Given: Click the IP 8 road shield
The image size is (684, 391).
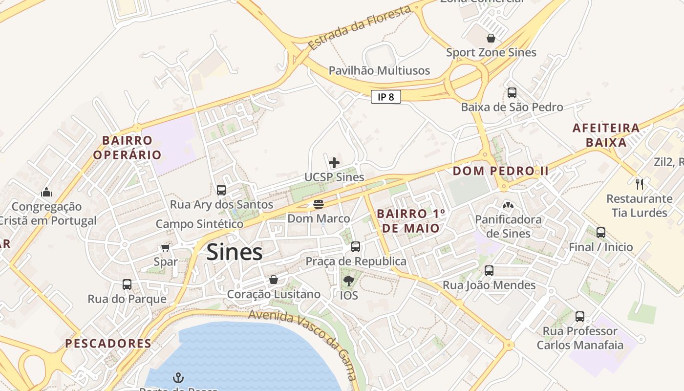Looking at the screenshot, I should (x=385, y=97).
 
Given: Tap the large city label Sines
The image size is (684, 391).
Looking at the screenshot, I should (x=235, y=252).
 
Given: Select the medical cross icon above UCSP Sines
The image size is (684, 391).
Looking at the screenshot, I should (x=334, y=162).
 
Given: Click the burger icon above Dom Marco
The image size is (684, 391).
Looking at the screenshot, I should (x=319, y=204).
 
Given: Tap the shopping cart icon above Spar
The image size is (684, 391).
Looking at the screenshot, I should (x=165, y=247).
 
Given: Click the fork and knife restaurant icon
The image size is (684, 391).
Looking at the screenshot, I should (x=640, y=184).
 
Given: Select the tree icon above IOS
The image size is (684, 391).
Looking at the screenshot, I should (x=348, y=281).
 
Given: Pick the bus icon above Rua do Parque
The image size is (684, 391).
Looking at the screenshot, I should (x=127, y=284).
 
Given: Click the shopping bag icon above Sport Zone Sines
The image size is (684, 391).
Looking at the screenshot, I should (x=491, y=38).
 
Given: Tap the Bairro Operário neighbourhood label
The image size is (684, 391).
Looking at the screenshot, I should (x=127, y=148).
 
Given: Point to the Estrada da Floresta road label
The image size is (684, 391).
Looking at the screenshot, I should (x=360, y=27).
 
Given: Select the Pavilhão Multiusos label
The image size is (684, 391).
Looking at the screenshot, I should (x=379, y=70).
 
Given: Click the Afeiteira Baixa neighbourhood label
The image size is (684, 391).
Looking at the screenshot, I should (x=606, y=135).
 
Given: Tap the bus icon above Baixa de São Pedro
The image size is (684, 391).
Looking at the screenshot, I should (x=512, y=92).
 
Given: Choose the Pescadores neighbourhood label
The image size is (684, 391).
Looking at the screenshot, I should (x=108, y=343).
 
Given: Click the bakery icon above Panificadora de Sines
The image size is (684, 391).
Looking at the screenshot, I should (x=508, y=205).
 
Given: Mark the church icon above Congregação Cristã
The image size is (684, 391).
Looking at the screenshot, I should (x=47, y=192).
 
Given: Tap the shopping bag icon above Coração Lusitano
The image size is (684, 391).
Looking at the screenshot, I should (x=274, y=280).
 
